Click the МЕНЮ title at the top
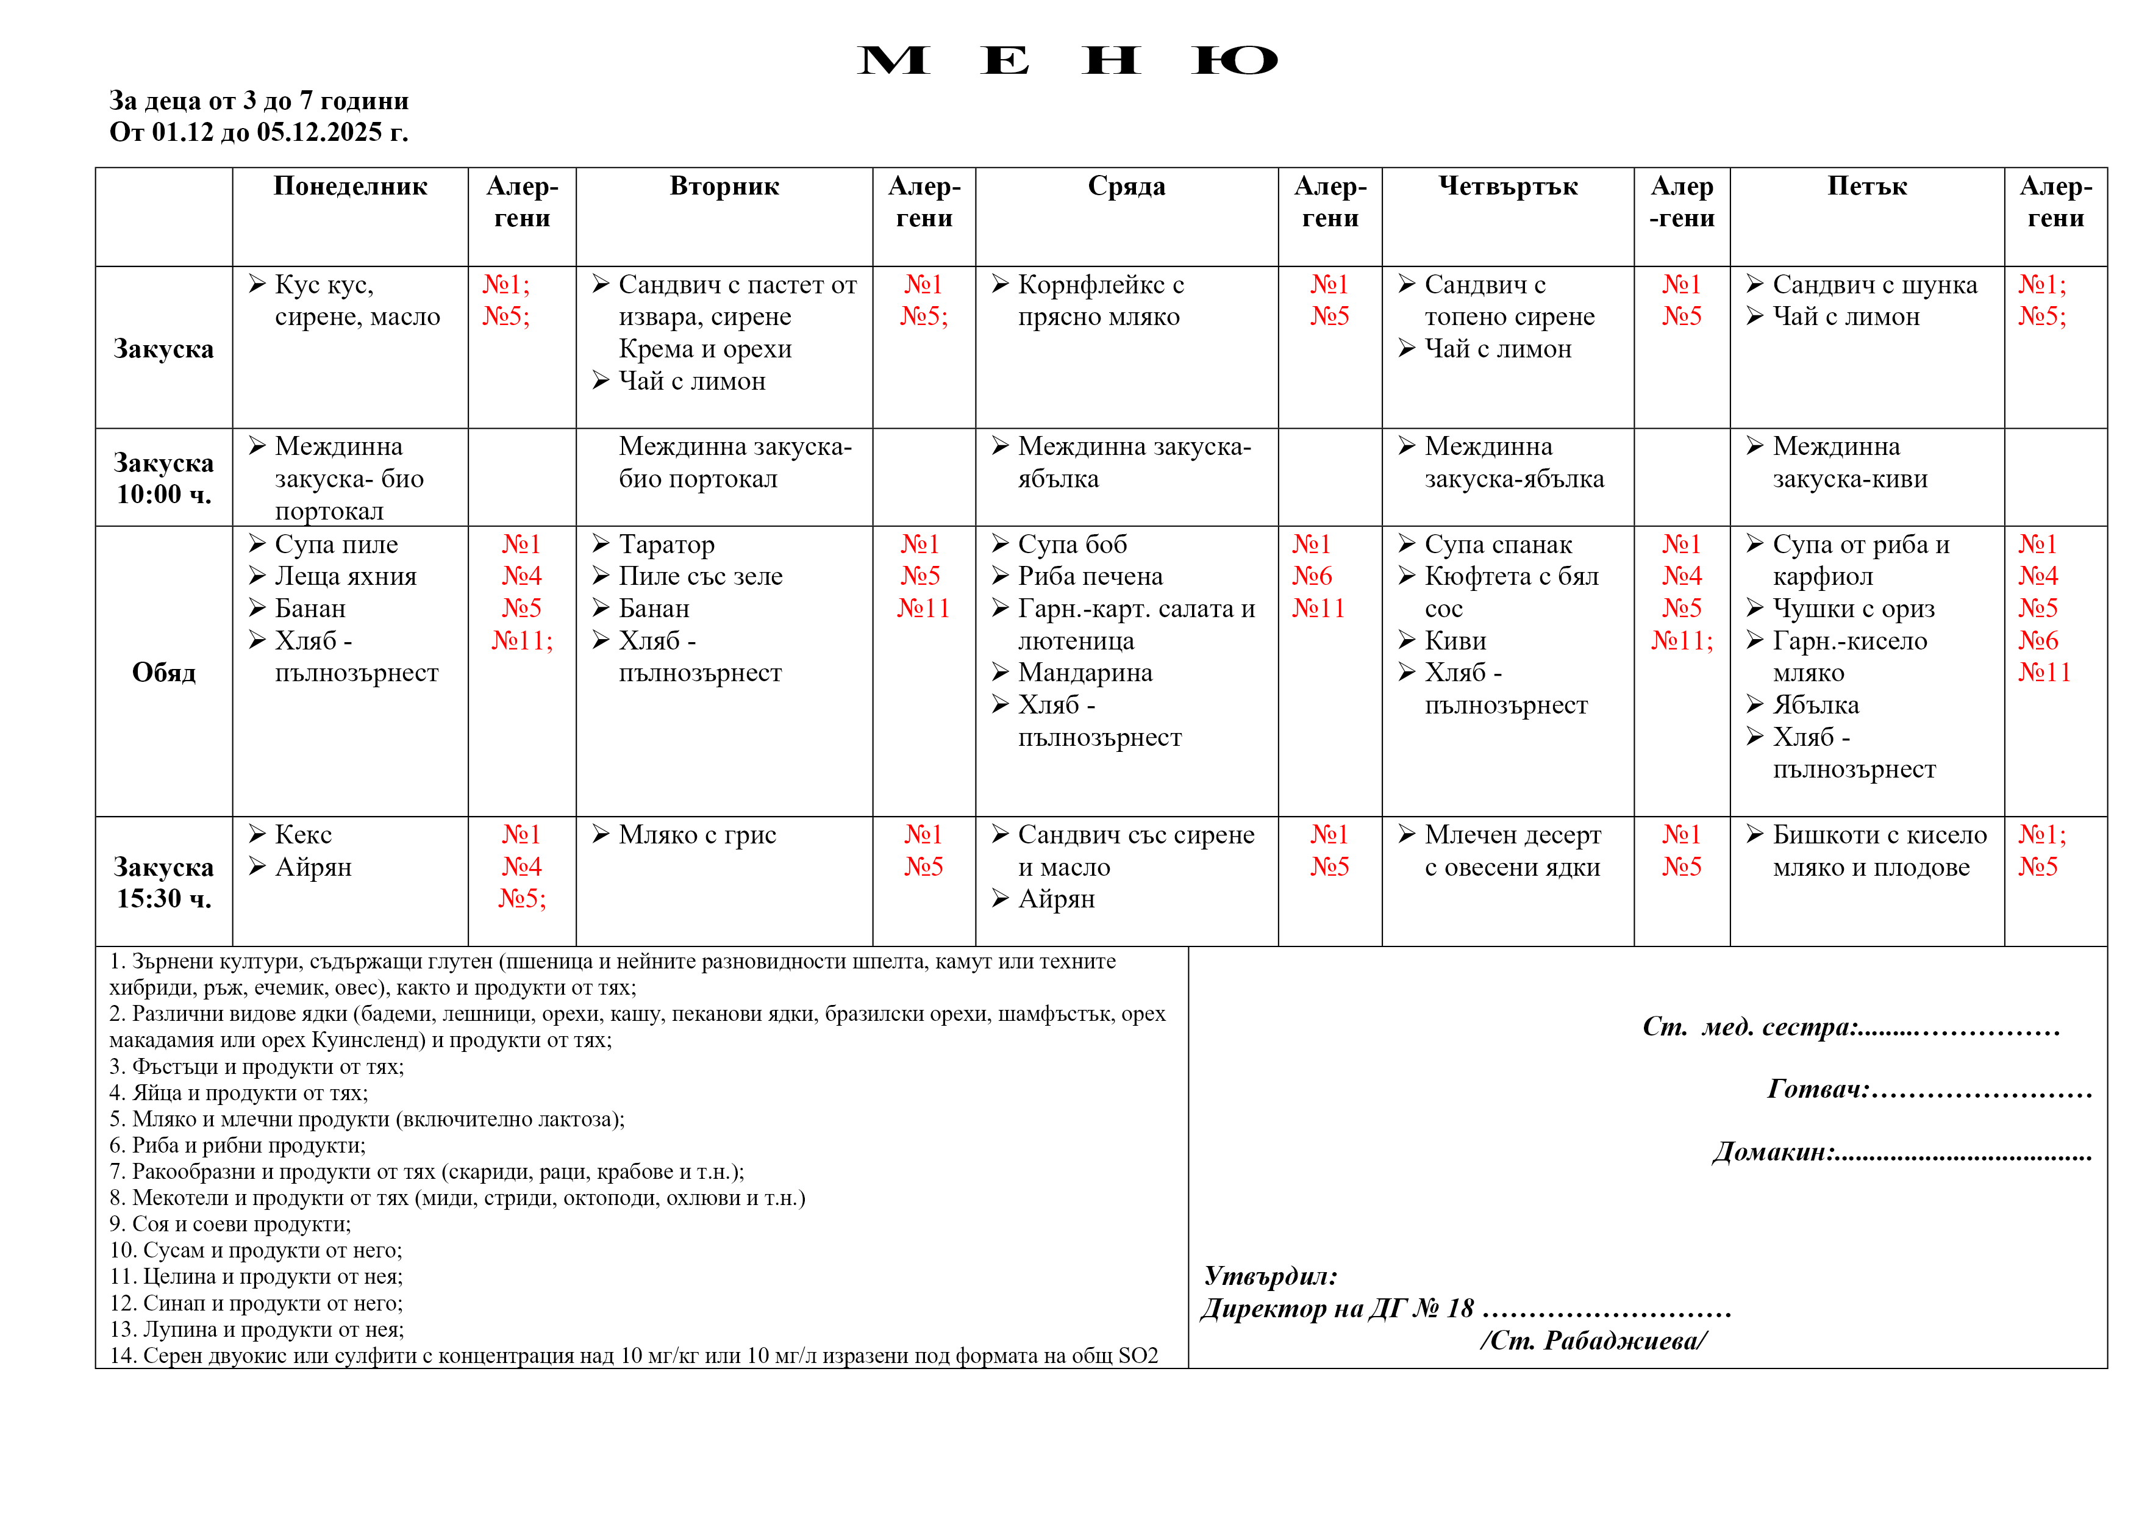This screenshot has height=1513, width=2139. pyautogui.click(x=1066, y=60)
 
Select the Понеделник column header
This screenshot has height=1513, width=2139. pyautogui.click(x=350, y=187)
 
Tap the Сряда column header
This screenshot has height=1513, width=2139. pyautogui.click(x=1126, y=187)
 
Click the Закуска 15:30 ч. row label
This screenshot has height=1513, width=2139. pyautogui.click(x=164, y=882)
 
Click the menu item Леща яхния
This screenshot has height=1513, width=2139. pyautogui.click(x=346, y=576)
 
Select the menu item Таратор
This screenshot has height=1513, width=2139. pyautogui.click(x=666, y=544)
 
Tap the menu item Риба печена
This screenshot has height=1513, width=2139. pyautogui.click(x=1090, y=576)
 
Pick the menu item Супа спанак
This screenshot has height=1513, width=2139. pyautogui.click(x=1498, y=544)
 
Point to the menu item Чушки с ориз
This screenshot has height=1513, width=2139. pyautogui.click(x=1853, y=609)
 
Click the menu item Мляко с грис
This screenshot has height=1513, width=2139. pyautogui.click(x=697, y=835)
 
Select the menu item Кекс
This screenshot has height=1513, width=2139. pyautogui.click(x=304, y=835)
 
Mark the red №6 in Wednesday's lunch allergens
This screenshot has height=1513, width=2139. pyautogui.click(x=1312, y=576)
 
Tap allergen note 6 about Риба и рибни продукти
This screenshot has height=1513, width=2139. pyautogui.click(x=238, y=1145)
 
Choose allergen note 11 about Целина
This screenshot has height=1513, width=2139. pyautogui.click(x=256, y=1276)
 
